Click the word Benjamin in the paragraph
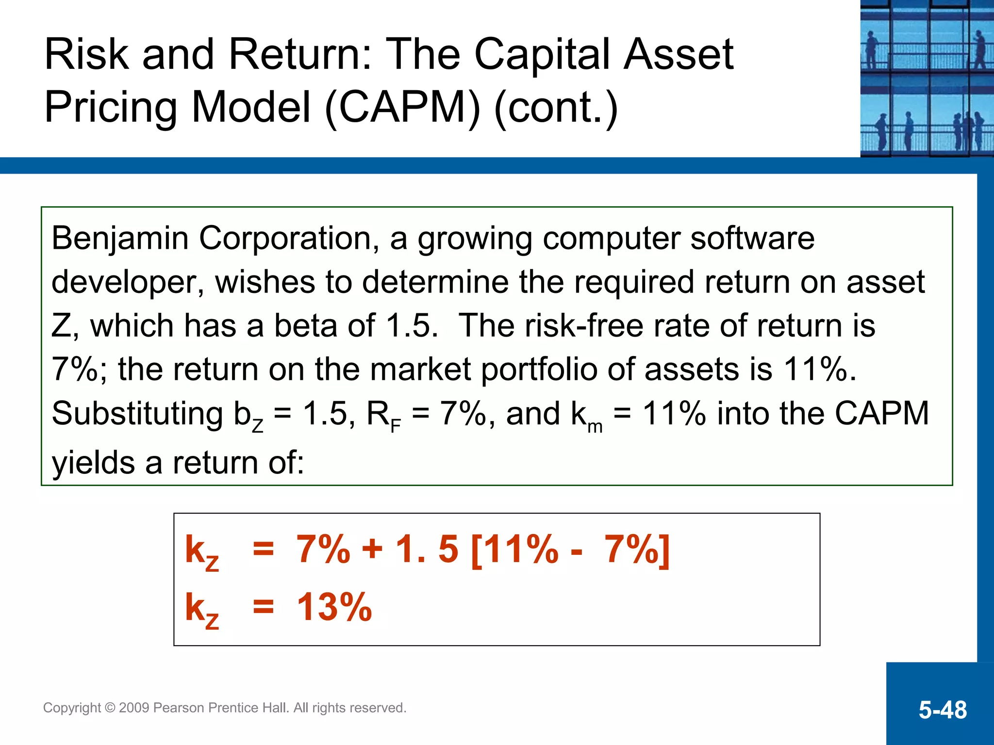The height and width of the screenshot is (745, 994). (x=119, y=239)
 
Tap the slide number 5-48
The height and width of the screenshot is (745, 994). (x=943, y=710)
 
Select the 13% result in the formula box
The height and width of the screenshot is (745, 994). (x=334, y=607)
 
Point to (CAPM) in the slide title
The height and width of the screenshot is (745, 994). (x=402, y=107)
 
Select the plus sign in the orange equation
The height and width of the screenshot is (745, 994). (x=372, y=550)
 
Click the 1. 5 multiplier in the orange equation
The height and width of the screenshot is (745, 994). (x=427, y=550)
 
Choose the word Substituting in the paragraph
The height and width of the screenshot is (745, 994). (x=137, y=414)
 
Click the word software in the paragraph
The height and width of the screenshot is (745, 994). (x=752, y=239)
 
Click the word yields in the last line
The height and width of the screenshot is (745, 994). (x=93, y=463)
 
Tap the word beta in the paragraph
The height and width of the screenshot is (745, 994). (x=305, y=325)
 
